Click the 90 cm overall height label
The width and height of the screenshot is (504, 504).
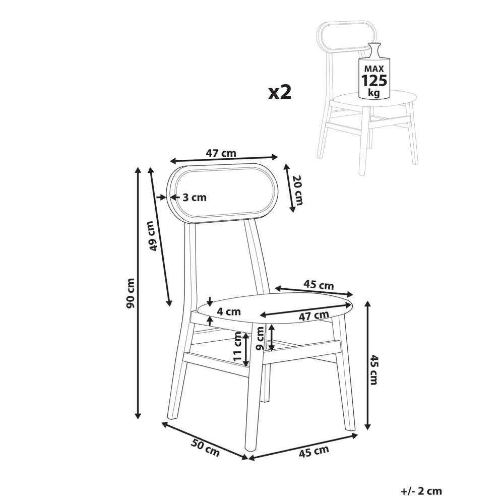click(x=131, y=293)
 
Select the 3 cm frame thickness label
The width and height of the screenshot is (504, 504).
click(x=195, y=198)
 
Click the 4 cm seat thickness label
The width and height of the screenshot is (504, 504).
click(x=228, y=311)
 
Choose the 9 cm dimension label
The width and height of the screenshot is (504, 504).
click(x=260, y=338)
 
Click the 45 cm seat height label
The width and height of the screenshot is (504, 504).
click(x=373, y=369)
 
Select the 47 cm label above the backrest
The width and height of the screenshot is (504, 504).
click(x=221, y=153)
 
